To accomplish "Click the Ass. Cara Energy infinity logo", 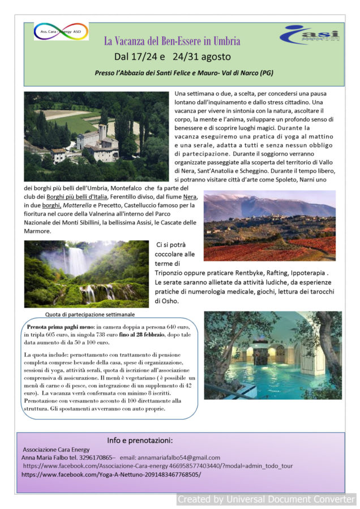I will point(61,32).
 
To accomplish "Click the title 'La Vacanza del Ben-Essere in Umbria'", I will point(172,41).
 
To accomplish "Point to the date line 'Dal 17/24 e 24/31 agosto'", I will point(172,57).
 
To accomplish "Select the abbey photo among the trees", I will point(96,136).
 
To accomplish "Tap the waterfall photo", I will point(86,274).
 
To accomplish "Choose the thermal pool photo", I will point(273,355).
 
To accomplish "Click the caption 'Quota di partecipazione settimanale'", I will point(89,314).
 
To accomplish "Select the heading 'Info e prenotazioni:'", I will point(140,440).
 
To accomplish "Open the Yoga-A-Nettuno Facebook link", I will point(111,474).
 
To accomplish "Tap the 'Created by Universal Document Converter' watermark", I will point(265,499).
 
